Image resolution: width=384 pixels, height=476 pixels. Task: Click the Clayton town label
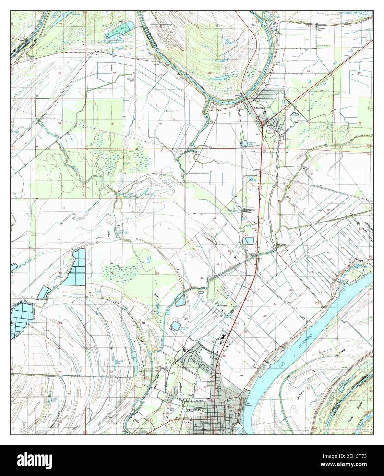[x=259, y=108]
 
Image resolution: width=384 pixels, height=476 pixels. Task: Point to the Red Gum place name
[x=281, y=245]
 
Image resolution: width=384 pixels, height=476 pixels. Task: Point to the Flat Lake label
[x=150, y=194]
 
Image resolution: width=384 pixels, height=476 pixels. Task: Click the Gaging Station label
[x=253, y=254]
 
